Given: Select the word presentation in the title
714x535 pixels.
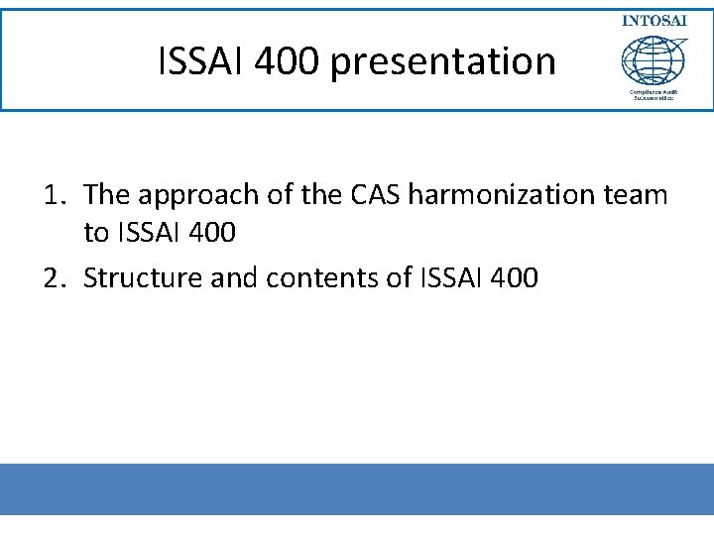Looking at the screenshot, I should click(443, 61).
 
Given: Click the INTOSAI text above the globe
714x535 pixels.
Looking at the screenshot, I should click(654, 21).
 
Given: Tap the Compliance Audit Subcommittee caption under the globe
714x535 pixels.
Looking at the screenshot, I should click(653, 96).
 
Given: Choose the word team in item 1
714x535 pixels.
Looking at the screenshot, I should click(642, 195).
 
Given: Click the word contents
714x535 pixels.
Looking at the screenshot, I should click(319, 278).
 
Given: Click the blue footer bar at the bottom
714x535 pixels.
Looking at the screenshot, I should click(357, 489).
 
